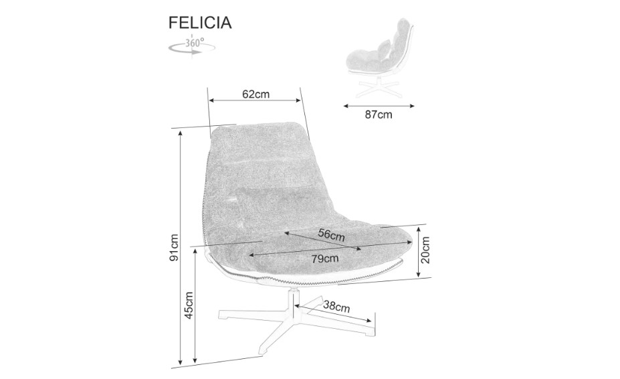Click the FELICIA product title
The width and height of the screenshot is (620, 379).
(x=200, y=23)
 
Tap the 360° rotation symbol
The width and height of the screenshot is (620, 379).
(x=192, y=47)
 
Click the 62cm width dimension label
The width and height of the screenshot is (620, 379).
(x=255, y=94)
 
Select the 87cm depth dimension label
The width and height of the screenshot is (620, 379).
(x=379, y=115)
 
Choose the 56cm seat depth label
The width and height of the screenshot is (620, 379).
(x=331, y=235)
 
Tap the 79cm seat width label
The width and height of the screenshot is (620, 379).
(x=324, y=258)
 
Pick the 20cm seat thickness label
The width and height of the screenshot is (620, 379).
(x=425, y=250)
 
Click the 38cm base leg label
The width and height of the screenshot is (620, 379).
(x=336, y=306)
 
